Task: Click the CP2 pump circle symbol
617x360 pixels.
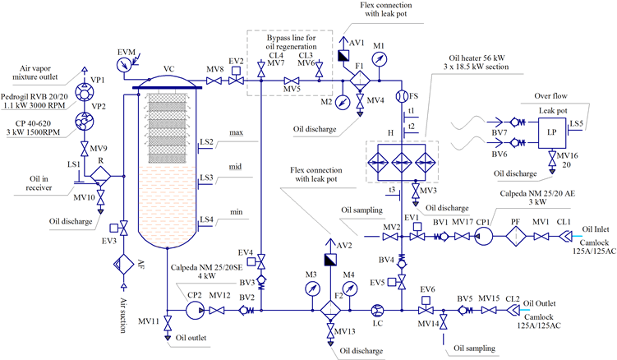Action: click(195, 311)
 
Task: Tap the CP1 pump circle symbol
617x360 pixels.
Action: click(483, 237)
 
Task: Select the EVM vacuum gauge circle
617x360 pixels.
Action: click(125, 65)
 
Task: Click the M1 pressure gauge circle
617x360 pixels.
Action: click(380, 59)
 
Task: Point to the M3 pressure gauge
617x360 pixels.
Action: click(313, 288)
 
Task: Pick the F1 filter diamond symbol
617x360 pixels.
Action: click(360, 81)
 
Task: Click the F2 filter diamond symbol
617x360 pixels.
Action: click(330, 311)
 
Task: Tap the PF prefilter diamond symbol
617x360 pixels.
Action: click(516, 237)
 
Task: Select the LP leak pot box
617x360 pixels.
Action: click(552, 132)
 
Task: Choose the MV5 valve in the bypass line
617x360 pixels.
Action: click(292, 81)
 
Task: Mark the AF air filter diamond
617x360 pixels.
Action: click(124, 264)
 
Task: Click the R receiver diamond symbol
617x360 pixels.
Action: click(100, 177)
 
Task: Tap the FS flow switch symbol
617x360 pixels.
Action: click(402, 96)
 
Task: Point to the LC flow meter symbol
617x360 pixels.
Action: click(377, 311)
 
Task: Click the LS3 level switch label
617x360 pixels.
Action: click(206, 178)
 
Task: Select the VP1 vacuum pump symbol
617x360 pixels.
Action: click(85, 93)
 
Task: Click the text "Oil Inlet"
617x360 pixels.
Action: click(596, 228)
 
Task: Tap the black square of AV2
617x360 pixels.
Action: click(330, 260)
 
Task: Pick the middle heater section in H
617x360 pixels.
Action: click(402, 162)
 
